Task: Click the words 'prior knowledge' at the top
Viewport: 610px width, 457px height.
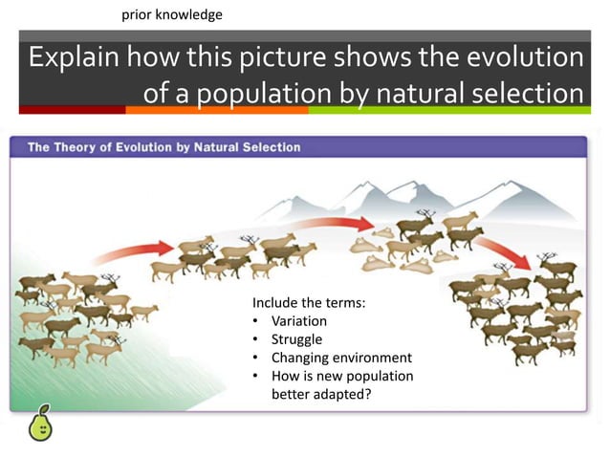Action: [x=172, y=15]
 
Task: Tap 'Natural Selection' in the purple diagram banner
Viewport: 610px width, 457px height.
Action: [x=254, y=148]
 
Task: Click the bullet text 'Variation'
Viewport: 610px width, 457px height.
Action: [x=299, y=321]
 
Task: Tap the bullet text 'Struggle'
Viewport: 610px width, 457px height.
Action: [x=296, y=339]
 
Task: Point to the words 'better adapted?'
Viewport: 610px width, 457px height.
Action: [x=320, y=393]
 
